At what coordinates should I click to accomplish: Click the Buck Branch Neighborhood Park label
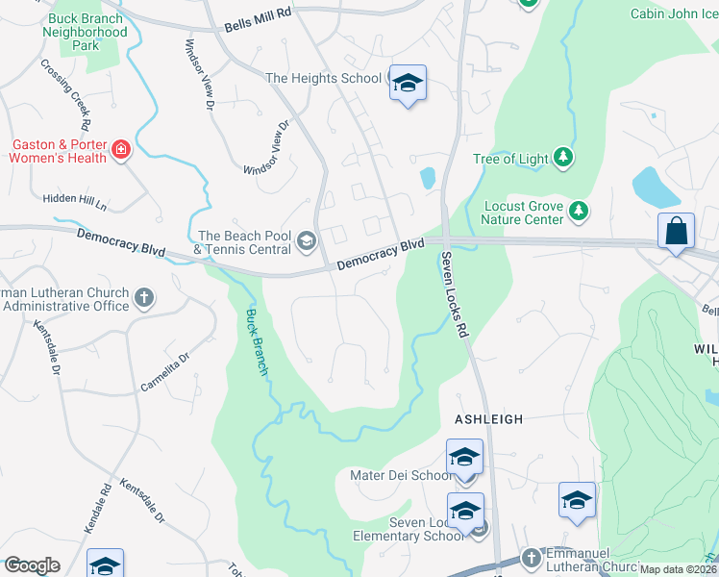click(85, 32)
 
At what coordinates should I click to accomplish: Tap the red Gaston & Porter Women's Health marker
click(121, 150)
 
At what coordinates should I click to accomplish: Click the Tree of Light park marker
click(563, 158)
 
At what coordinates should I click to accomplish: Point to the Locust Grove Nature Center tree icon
click(578, 211)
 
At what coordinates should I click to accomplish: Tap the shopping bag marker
click(676, 232)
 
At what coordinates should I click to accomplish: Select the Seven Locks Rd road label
click(456, 294)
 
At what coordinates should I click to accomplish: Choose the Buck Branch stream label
click(256, 342)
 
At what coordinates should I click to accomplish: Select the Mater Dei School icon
click(464, 458)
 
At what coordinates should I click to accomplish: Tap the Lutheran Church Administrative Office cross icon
click(144, 297)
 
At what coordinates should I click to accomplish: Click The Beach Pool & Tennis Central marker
click(307, 240)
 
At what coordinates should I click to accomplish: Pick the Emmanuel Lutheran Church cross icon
click(531, 557)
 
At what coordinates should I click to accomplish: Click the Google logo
click(32, 565)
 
